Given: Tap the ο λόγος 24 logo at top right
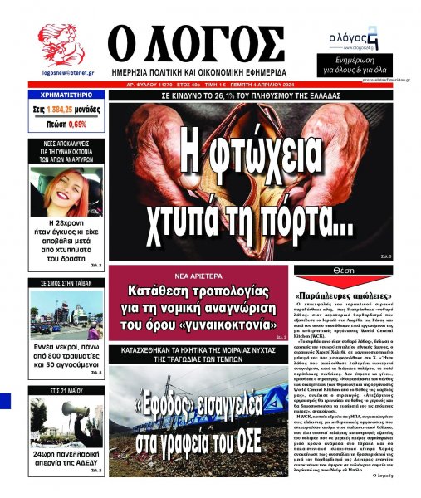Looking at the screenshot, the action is tap(355, 37).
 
